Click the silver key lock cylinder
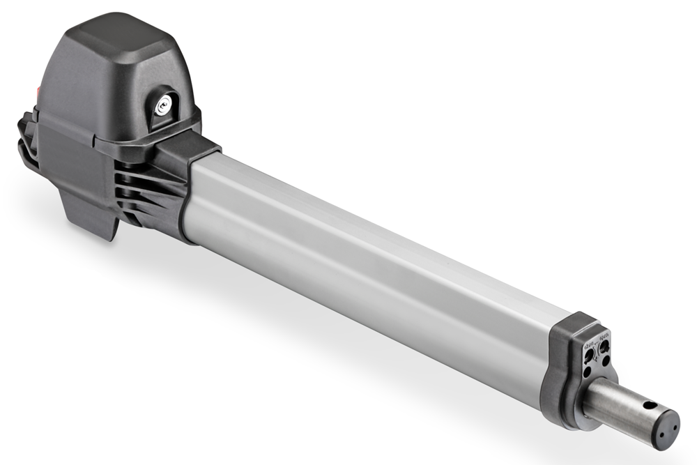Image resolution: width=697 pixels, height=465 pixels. pos(162,105)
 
